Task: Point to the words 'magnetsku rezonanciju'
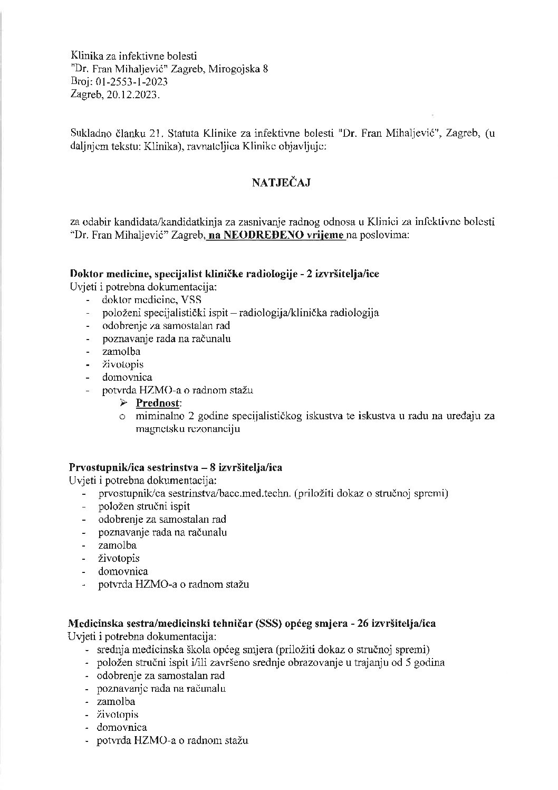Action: (187, 429)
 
